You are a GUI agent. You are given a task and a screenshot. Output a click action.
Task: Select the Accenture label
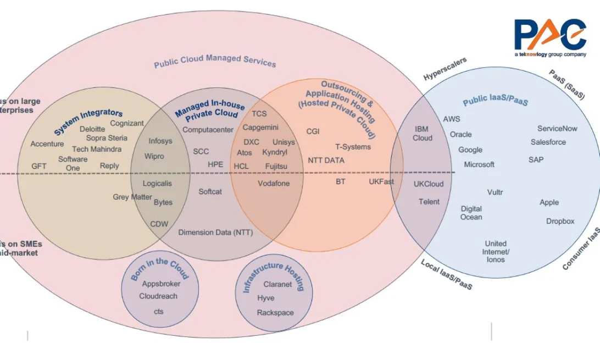point(47,144)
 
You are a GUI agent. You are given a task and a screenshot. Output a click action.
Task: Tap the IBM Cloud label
point(423,134)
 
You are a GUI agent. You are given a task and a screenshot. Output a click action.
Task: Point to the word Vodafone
point(274,183)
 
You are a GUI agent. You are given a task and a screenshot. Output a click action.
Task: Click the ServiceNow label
point(557,129)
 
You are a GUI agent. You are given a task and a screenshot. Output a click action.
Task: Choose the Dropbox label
point(560,221)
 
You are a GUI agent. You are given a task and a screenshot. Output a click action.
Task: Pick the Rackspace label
point(275,313)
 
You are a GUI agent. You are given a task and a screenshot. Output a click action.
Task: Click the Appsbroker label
point(161,284)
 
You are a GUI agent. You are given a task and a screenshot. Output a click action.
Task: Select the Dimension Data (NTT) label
point(215,232)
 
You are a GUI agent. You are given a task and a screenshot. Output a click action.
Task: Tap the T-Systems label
point(353,147)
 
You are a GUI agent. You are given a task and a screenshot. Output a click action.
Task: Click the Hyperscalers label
point(445,69)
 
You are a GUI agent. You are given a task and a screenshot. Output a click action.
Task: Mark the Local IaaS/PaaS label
point(446,275)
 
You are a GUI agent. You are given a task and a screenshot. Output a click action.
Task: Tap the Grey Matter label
point(132,197)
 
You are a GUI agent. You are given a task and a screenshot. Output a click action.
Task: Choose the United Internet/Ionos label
point(496,251)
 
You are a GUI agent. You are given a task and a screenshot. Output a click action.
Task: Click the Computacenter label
point(208,130)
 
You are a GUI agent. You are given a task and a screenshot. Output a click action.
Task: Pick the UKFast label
point(381,181)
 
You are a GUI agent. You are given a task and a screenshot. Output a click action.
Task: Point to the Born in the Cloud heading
point(159,269)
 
